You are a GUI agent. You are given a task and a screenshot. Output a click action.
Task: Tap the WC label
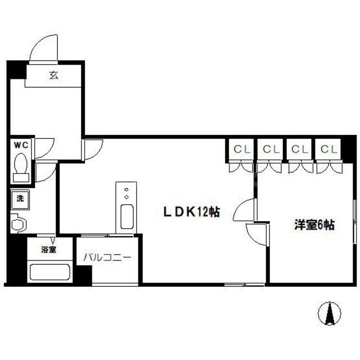[x=21, y=145]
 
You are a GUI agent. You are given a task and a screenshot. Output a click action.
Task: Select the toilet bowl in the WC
[x=21, y=166]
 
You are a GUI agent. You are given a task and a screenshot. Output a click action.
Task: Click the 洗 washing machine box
[x=20, y=198]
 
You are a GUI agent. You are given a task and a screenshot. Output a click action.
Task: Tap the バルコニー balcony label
[x=107, y=258]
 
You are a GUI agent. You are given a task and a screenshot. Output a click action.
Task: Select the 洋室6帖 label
[x=313, y=225]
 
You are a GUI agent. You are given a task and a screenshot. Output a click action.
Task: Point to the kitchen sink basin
[x=127, y=217]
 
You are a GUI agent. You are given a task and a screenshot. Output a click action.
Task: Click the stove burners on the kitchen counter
[x=127, y=192]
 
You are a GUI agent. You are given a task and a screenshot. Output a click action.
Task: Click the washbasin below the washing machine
[x=18, y=223]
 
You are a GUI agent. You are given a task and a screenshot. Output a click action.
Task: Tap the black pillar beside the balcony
[x=84, y=276]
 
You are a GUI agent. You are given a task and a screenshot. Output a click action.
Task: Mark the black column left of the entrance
[x=16, y=71]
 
